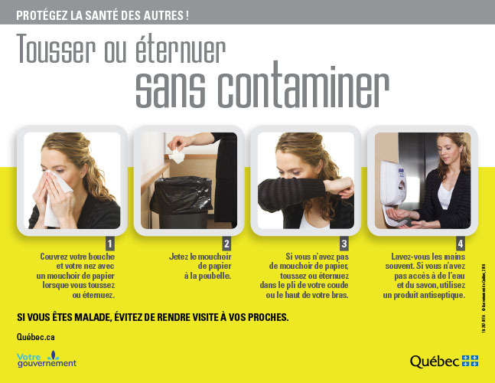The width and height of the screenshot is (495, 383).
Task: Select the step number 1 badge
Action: [x=109, y=244]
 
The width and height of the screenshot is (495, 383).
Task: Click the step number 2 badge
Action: [x=226, y=244]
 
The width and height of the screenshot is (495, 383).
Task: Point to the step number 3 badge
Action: [x=344, y=244]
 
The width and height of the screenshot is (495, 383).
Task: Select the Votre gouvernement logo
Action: [x=47, y=358]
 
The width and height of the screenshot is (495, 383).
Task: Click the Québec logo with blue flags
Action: [x=444, y=361]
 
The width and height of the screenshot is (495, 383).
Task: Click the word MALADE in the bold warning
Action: [x=104, y=316]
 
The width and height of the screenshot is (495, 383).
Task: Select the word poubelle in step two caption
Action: [x=213, y=275]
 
